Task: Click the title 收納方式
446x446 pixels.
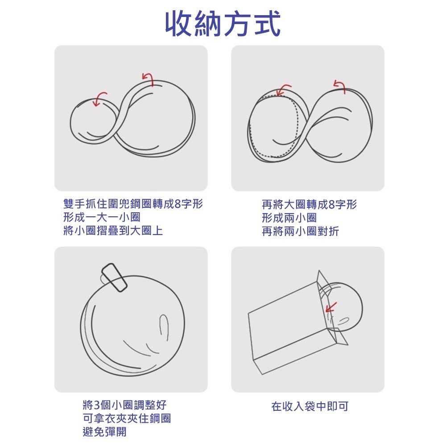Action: (x=223, y=23)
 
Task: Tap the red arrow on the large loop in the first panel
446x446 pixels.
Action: (x=147, y=78)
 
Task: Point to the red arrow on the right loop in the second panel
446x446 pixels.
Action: (x=340, y=86)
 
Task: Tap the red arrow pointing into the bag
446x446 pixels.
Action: (x=330, y=307)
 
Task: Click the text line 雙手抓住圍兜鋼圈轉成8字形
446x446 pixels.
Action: (x=133, y=205)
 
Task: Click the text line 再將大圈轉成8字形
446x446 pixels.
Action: (x=309, y=205)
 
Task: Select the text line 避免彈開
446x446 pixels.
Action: (x=104, y=432)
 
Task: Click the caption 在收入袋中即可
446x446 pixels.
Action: (x=310, y=406)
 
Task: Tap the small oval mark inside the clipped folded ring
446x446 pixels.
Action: (x=164, y=327)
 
